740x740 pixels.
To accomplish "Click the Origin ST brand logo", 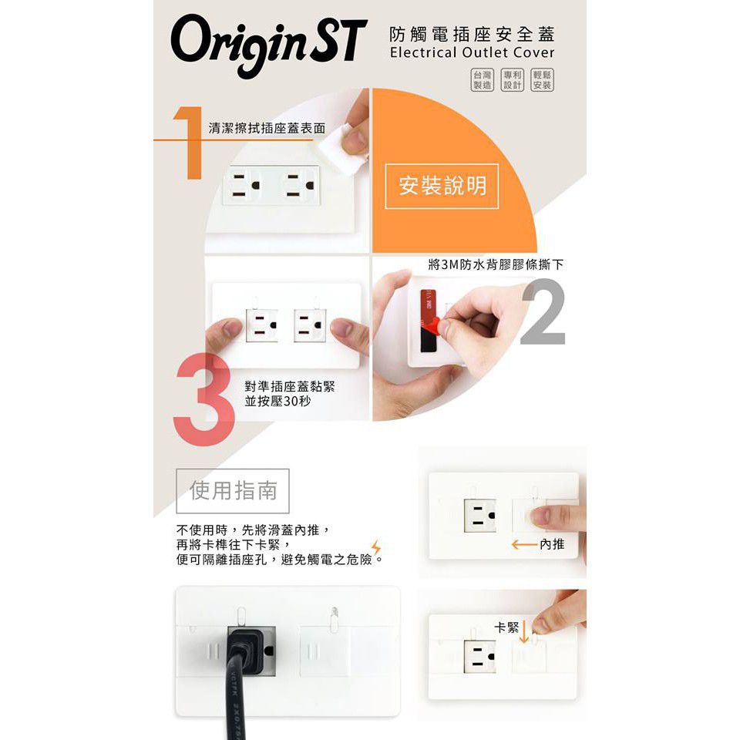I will click(264, 44).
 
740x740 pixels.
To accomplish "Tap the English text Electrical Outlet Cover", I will click(472, 53).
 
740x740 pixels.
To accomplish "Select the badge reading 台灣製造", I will click(482, 79).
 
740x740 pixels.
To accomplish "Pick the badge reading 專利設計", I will click(512, 79).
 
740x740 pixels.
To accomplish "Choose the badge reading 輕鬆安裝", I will click(542, 79).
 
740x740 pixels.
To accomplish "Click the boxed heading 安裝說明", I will click(442, 186).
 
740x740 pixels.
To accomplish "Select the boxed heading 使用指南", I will click(233, 490).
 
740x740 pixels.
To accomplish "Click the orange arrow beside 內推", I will click(523, 545).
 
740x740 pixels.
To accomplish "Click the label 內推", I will click(552, 545).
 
